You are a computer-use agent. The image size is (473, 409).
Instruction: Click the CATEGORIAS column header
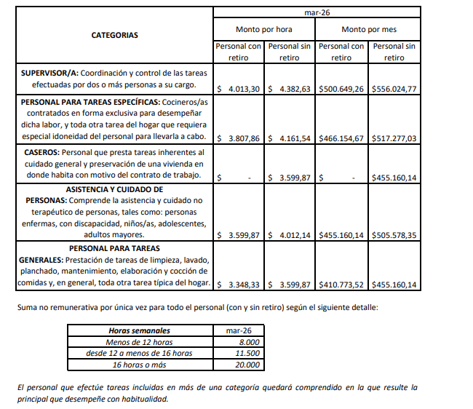pos(114,35)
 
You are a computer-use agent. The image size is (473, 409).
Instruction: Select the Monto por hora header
pos(263,29)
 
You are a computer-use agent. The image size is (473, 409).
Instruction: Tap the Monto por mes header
pos(369,29)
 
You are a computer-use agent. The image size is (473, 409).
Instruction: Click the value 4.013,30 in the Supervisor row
pos(245,89)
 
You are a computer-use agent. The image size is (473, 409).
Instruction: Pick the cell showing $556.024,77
pos(394,89)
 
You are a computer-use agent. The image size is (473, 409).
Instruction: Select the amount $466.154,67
pos(341,138)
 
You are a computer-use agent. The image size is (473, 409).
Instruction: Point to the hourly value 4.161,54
pos(294,138)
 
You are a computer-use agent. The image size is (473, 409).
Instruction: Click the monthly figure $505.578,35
pos(394,236)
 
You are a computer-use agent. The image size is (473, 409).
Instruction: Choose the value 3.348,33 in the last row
pos(245,285)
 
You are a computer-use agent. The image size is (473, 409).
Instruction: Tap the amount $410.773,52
pos(341,285)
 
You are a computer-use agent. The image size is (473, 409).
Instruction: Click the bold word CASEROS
pos(42,153)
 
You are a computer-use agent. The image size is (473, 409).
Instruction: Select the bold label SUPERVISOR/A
pos(49,74)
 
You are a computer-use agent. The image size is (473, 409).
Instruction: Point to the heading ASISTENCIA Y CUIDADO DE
pos(114,188)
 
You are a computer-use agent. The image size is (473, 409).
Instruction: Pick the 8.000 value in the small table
pos(248,342)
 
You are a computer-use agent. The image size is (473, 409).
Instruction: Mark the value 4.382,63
pos(294,89)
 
